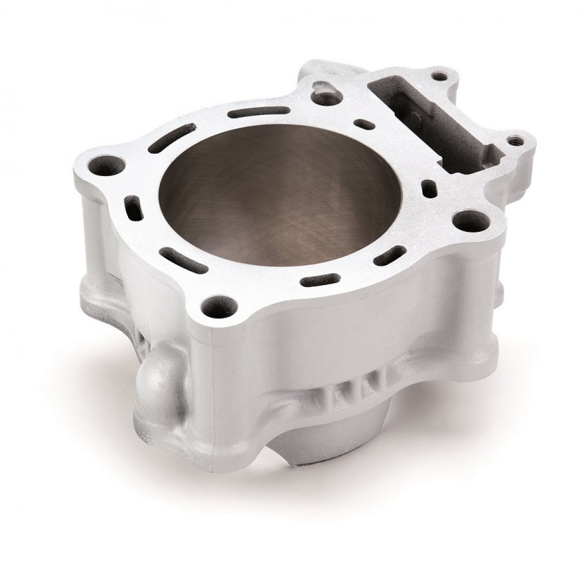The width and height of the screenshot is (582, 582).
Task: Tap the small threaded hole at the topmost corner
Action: [x=439, y=76]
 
